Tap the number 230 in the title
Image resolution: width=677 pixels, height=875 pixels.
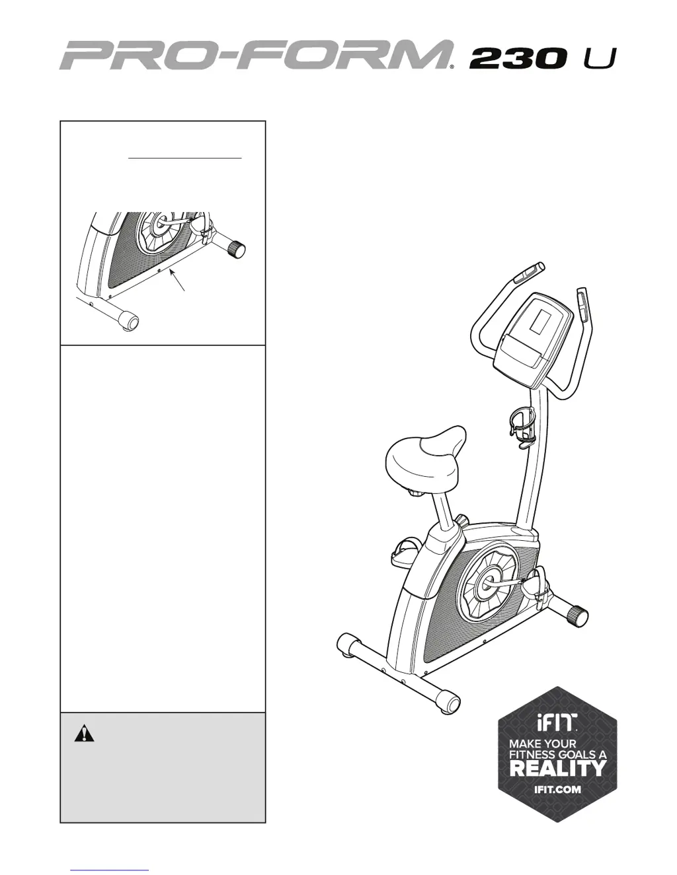(518, 59)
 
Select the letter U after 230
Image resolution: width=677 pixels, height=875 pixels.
(599, 59)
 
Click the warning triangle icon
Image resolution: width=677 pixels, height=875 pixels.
(84, 734)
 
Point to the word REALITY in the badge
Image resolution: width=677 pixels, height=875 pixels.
(557, 768)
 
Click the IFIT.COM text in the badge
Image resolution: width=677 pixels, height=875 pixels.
(557, 789)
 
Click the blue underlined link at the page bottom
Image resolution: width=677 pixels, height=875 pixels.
(109, 870)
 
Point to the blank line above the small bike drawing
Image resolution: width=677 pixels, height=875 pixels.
(185, 158)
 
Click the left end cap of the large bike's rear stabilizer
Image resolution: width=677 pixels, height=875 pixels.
(346, 644)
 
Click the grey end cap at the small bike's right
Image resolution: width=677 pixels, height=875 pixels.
(237, 249)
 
